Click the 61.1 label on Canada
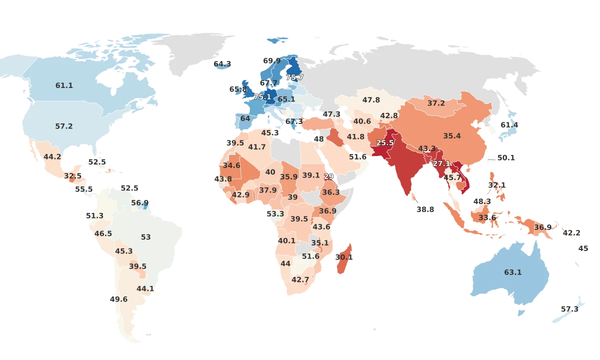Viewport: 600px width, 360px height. [64, 85]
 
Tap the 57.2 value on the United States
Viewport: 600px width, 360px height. [64, 126]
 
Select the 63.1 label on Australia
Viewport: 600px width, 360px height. [512, 272]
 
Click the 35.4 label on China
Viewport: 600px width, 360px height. [451, 136]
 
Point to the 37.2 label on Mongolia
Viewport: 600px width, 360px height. [436, 103]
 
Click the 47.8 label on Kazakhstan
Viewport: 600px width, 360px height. [371, 100]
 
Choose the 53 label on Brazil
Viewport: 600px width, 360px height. [145, 237]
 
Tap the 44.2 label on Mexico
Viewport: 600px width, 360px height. [52, 156]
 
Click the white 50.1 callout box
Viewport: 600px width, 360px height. [505, 157]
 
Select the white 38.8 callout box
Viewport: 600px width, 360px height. [425, 210]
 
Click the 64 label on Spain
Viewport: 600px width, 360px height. [245, 118]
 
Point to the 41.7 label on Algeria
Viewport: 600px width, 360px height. [257, 147]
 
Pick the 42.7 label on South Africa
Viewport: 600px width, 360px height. [300, 279]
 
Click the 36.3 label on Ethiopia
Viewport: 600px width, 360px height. [331, 192]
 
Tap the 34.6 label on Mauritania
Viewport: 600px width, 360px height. [231, 165]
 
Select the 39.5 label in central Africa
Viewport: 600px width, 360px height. [299, 219]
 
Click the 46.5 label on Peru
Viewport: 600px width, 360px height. [103, 233]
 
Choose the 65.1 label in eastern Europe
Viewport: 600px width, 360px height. [286, 99]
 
